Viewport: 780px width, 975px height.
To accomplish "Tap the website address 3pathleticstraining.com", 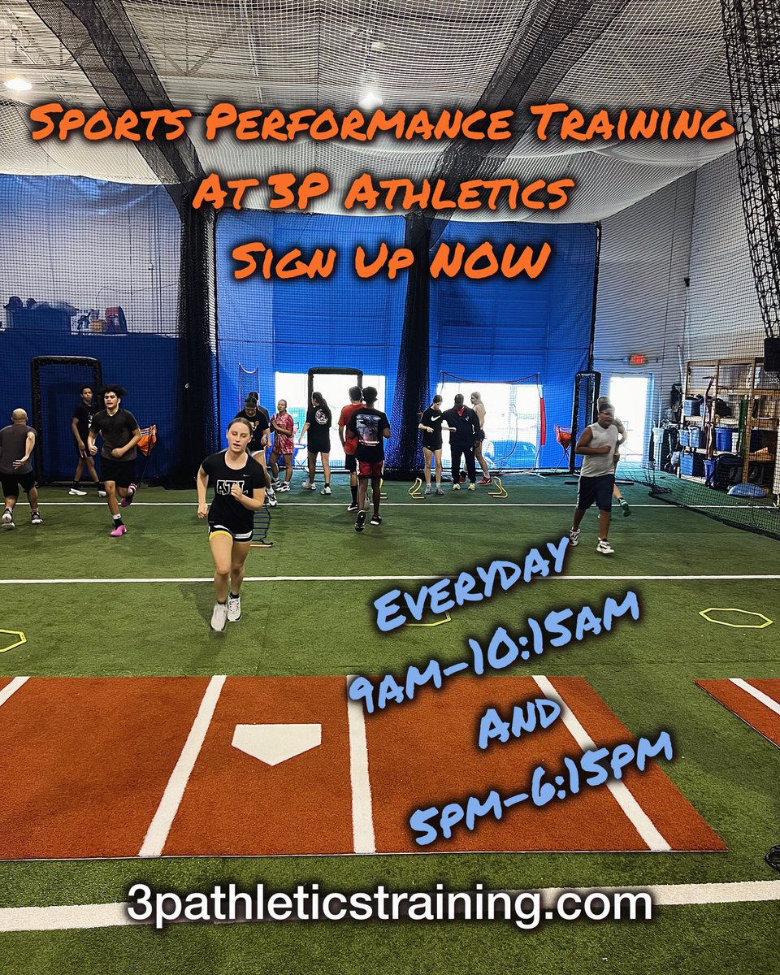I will [x=389, y=904].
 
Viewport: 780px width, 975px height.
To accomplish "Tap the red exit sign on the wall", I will [x=637, y=358].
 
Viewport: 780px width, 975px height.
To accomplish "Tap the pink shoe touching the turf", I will [x=118, y=530].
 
